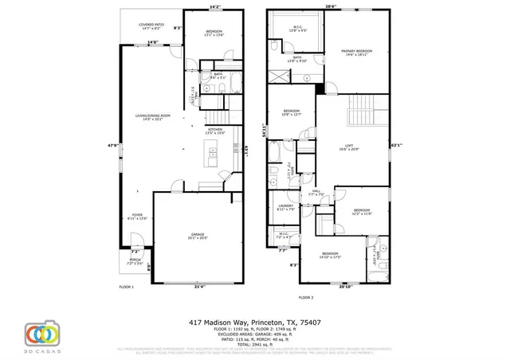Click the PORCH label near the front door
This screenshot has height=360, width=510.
click(135, 261)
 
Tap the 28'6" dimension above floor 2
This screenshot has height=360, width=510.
click(330, 7)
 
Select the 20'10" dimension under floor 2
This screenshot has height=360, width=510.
click(344, 288)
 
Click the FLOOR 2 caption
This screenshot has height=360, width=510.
click(307, 296)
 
